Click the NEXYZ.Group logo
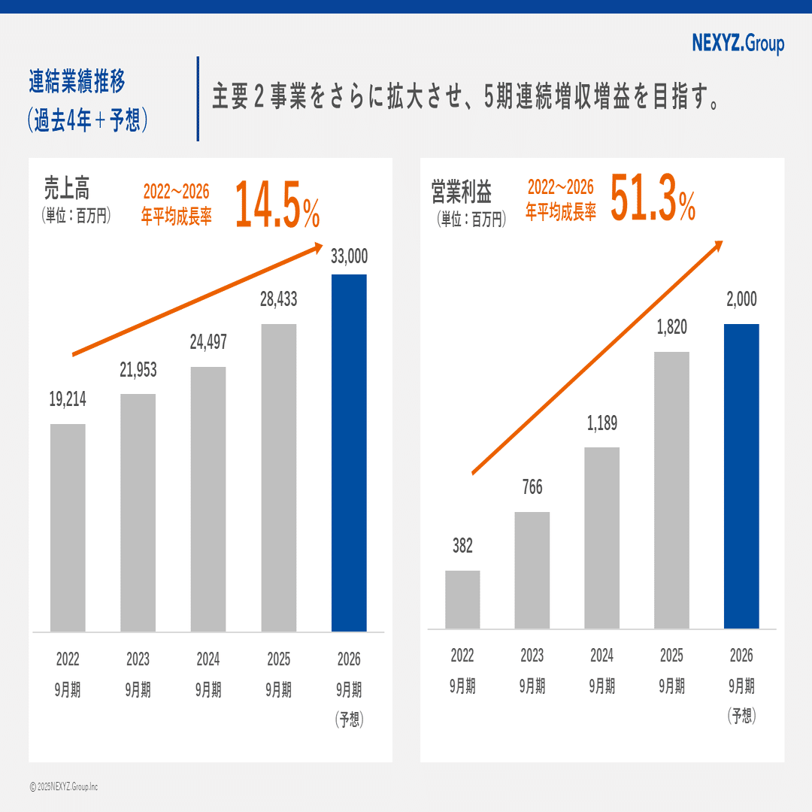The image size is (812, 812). tap(738, 44)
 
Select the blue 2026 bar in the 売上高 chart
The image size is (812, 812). tap(349, 453)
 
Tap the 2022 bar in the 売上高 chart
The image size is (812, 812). tap(68, 527)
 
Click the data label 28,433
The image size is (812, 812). tap(278, 299)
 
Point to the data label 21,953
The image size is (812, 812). tap(138, 370)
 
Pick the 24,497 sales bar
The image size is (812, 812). tap(208, 498)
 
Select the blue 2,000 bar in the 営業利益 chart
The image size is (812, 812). tap(741, 476)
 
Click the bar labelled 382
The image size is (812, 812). tap(462, 599)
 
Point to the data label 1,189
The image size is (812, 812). tap(601, 423)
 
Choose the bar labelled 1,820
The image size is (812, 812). tap(671, 489)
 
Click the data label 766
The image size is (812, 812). tap(532, 488)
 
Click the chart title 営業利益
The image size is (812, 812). tap(461, 192)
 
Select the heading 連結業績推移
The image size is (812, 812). tap(77, 80)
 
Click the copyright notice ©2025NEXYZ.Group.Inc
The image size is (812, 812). tap(64, 786)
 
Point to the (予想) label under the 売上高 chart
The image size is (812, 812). tap(349, 720)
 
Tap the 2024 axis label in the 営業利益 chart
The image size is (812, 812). tap(601, 656)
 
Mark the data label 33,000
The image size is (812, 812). tap(349, 256)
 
